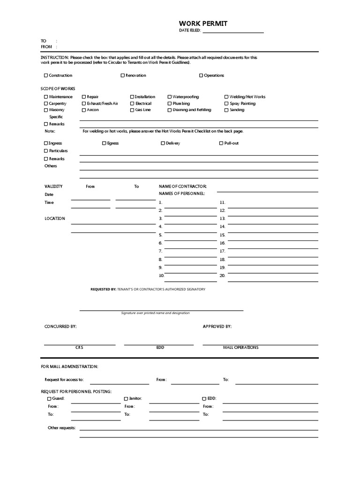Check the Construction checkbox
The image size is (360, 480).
click(46, 75)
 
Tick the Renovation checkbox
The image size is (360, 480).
click(123, 75)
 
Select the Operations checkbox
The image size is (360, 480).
click(201, 75)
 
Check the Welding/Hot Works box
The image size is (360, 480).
click(226, 97)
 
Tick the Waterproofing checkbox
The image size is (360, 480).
click(170, 97)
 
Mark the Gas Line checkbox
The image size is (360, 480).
click(132, 110)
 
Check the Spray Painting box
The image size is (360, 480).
click(226, 104)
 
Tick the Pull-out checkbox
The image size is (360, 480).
click(221, 143)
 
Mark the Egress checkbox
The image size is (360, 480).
click(104, 143)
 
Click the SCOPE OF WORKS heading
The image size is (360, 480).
click(58, 89)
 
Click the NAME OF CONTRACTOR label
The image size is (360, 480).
click(182, 187)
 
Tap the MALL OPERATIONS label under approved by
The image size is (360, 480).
click(240, 348)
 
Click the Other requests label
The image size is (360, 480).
click(61, 428)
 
